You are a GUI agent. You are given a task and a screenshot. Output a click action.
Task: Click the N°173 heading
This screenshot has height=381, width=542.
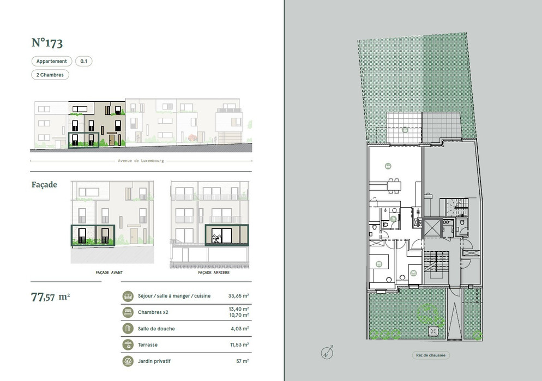tap(47, 43)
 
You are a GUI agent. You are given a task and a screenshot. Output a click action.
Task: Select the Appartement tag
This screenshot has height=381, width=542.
tap(51, 61)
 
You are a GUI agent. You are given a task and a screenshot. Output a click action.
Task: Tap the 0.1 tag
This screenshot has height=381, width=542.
tap(83, 61)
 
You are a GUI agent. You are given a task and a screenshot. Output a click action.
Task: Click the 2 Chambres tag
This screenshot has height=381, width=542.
tap(50, 75)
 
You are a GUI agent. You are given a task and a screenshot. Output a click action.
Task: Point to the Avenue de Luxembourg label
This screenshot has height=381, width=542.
tap(141, 161)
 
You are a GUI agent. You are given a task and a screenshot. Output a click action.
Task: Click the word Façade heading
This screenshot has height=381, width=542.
tap(44, 184)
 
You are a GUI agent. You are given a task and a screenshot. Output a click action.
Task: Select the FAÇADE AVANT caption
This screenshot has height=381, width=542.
tap(109, 273)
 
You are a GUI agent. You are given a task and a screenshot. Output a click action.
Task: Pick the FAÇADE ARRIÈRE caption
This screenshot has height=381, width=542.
tap(214, 273)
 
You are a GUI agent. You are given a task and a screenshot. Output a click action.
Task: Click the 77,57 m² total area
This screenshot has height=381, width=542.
tap(51, 297)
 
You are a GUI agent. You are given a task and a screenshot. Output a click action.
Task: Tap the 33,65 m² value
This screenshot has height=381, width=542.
tap(238, 295)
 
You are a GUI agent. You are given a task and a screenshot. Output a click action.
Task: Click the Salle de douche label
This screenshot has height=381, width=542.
tap(156, 329)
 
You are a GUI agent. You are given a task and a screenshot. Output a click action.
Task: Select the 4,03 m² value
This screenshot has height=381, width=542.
tap(240, 329)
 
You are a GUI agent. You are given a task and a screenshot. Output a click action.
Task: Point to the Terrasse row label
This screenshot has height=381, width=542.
tap(148, 344)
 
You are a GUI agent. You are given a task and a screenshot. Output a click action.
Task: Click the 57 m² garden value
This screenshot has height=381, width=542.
tap(243, 361)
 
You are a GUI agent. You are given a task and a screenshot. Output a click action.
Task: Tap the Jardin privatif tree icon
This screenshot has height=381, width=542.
tap(128, 361)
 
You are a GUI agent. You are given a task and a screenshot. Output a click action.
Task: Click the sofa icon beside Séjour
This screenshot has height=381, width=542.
tap(128, 296)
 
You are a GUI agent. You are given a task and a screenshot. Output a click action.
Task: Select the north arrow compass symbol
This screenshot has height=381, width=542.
tap(327, 352)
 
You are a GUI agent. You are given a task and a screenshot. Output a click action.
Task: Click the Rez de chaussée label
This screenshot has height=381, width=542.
tap(431, 355)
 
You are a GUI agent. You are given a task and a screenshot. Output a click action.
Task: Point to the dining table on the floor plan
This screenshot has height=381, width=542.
tap(394, 186)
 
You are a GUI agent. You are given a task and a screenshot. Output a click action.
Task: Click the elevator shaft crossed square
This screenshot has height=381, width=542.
tap(432, 228)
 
